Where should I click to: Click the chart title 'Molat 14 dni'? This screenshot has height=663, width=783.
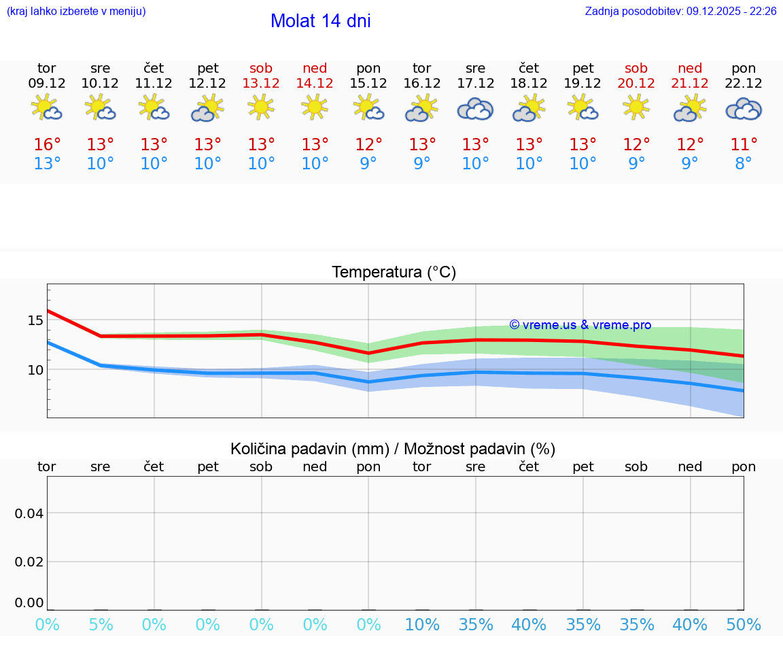point(320,21)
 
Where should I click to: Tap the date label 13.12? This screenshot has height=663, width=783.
point(261,83)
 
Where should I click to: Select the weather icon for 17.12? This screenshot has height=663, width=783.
point(475,109)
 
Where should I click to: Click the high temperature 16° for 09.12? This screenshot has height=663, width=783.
point(47,145)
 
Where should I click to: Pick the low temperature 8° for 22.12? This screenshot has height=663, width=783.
point(744,164)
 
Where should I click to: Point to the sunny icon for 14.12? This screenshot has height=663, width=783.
point(314,107)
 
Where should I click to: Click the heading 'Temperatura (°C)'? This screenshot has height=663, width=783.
point(394,272)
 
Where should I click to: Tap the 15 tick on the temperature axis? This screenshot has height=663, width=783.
point(35,320)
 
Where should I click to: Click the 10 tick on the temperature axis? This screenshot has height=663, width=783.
point(35,370)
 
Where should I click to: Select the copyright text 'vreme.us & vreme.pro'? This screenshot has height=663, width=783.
point(580,325)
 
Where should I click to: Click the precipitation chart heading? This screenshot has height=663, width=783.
point(393,449)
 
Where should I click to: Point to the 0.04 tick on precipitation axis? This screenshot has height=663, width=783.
point(29,513)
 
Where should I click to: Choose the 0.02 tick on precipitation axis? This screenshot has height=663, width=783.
point(29,562)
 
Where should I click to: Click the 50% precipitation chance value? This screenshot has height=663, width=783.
point(744,624)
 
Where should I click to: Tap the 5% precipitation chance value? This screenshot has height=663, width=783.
point(101,624)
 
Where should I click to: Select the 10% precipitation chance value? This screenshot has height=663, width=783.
point(421,624)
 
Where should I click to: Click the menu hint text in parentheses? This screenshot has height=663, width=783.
point(75,11)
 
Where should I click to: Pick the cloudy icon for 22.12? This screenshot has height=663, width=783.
point(744,109)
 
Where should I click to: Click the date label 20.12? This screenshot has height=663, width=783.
point(636,83)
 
